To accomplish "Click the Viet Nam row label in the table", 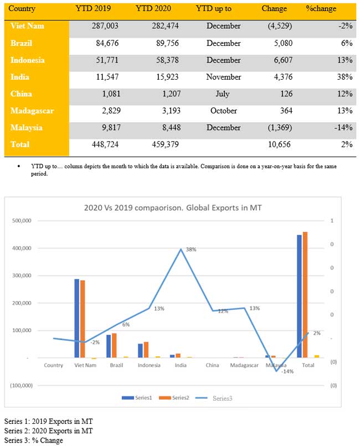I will tap(28, 26).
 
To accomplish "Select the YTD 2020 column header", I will tap(153, 9).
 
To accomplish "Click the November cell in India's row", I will tap(223, 77).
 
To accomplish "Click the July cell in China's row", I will tap(223, 94).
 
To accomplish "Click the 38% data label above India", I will tap(191, 250).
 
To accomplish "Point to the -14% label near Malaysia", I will tap(287, 371).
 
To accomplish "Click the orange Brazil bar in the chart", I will tap(114, 345).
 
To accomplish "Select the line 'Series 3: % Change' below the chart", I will tap(33, 440).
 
